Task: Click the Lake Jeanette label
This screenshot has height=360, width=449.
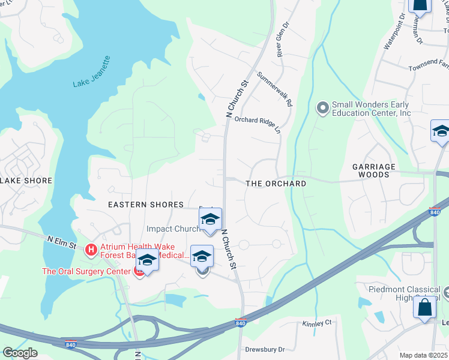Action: [92, 72]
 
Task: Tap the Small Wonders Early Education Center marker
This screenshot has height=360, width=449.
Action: [323, 108]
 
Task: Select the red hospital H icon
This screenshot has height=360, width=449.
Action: [91, 249]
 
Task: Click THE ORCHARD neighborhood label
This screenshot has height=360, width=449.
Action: [276, 184]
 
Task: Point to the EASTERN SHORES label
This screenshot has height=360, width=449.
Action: [145, 205]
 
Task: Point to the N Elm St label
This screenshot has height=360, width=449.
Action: [61, 242]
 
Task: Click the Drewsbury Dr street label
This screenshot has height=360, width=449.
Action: [265, 349]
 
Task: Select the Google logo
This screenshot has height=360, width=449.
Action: [20, 353]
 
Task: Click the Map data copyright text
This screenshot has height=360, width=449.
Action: [424, 355]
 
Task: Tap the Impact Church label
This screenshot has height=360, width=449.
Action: [173, 229]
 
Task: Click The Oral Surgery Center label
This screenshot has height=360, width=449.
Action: [85, 271]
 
